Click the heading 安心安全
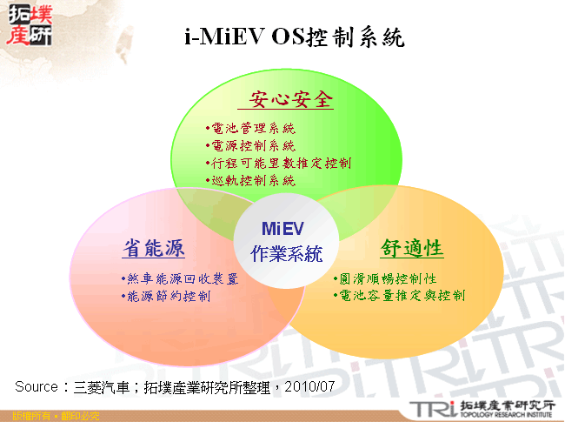point(291,100)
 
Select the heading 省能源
point(153,248)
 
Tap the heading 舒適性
point(412,248)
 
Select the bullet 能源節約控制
point(166,296)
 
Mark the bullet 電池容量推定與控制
point(399,296)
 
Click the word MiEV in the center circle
point(282,229)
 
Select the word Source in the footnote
point(36,385)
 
